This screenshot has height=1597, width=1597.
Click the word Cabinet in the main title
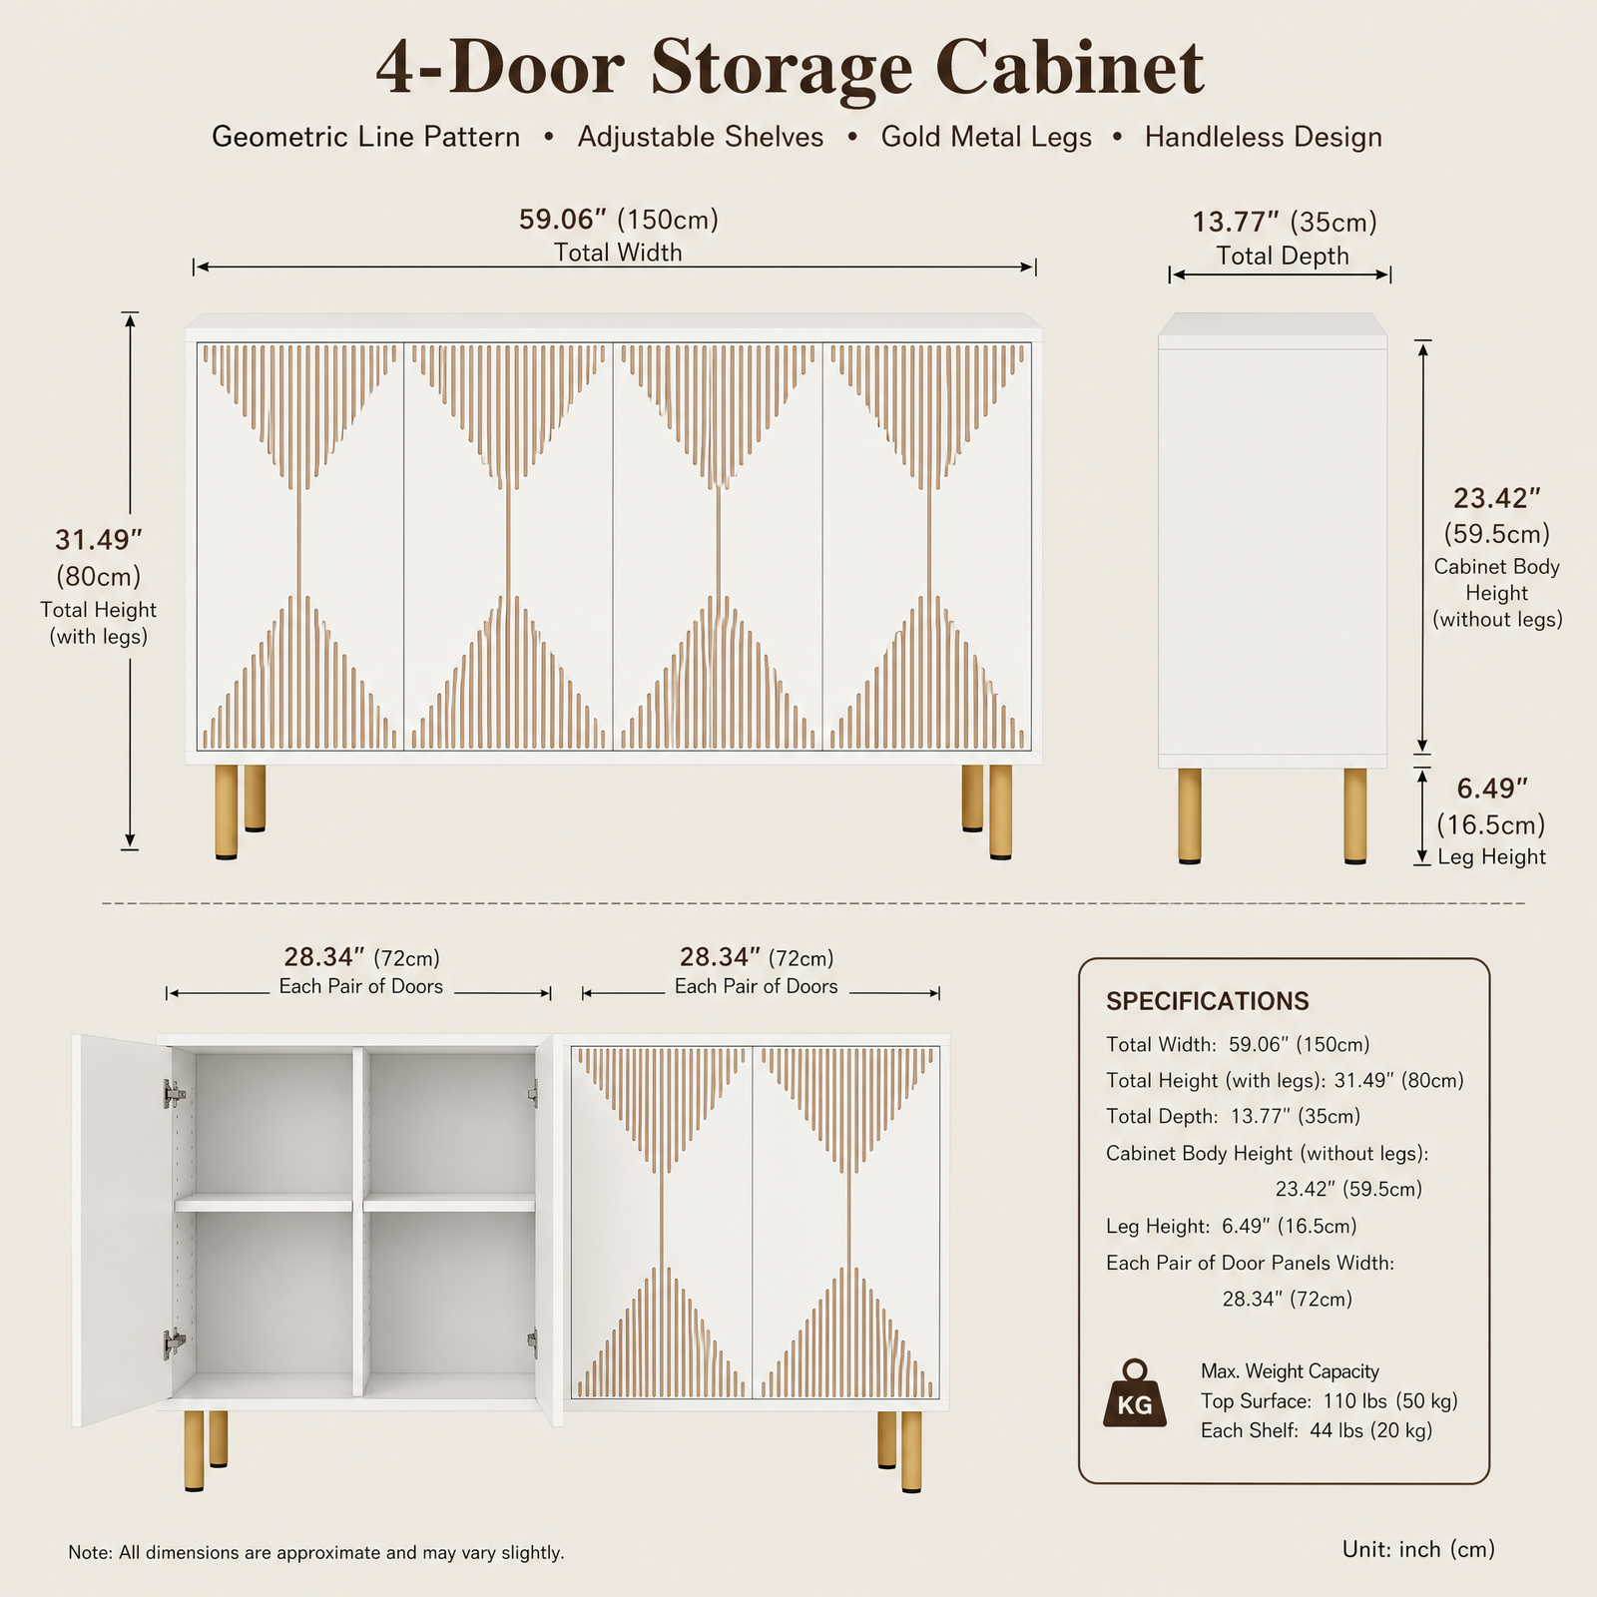1070,68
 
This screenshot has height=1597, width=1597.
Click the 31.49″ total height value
99,540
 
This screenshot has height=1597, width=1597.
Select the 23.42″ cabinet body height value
1496,498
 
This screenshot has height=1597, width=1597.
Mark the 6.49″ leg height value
1492,789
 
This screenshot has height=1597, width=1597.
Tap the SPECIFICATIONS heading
1208,1001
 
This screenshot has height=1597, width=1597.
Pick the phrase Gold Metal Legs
986,137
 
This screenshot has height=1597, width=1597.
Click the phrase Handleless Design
1264,137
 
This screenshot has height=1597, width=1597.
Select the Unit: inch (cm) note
1418,1549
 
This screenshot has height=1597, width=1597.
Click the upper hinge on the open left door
175,1094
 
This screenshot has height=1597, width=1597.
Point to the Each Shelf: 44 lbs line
1317,1430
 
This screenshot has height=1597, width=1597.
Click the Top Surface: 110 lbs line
1330,1400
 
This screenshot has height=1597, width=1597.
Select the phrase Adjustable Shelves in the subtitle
701,137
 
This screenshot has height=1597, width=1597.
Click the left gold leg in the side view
1189,815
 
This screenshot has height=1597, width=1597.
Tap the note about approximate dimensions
316,1552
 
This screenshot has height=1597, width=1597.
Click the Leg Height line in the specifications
1231,1226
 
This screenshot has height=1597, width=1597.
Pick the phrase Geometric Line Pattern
365,137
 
